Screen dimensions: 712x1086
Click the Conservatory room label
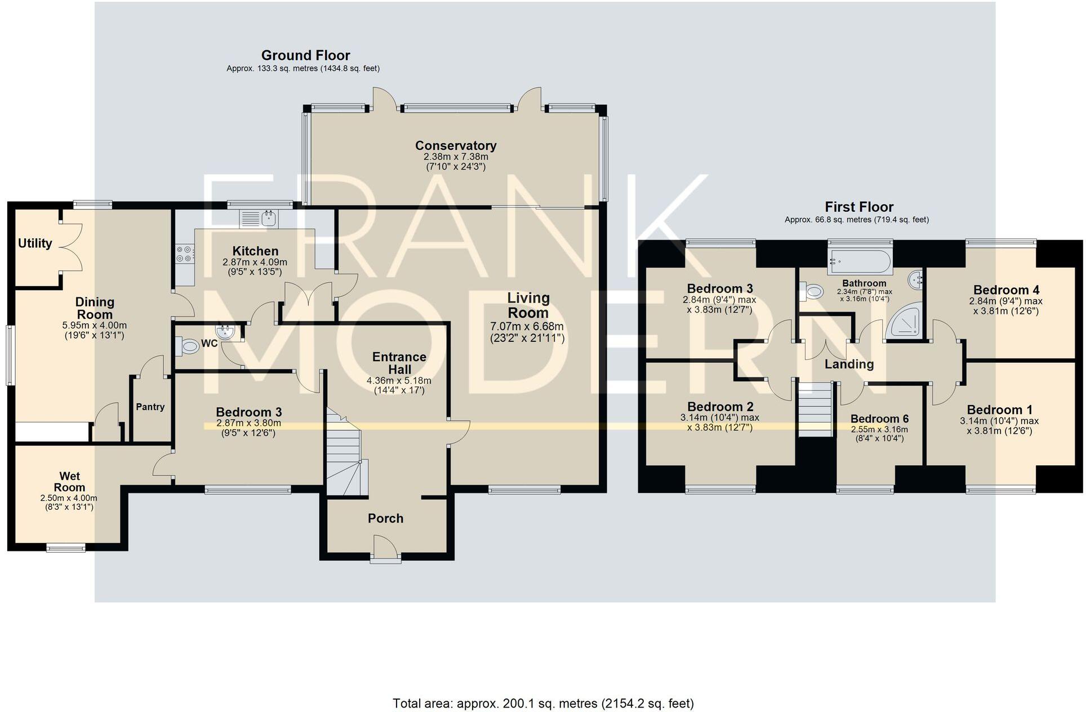coord(456,145)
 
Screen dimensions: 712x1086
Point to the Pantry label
coord(150,407)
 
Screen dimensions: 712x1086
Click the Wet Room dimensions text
coord(69,502)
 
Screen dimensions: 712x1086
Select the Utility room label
coord(35,243)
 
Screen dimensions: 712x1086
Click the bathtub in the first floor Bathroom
coord(860,262)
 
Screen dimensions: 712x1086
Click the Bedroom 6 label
coord(879,419)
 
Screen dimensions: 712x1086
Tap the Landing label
coord(849,364)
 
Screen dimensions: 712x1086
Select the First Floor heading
coord(858,207)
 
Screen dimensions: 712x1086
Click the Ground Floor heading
coord(305,55)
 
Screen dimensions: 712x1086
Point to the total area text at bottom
coord(543,703)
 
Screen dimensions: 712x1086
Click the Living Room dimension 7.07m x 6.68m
coord(527,327)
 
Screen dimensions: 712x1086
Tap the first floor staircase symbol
coord(815,408)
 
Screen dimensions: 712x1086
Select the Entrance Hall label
coord(399,363)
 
